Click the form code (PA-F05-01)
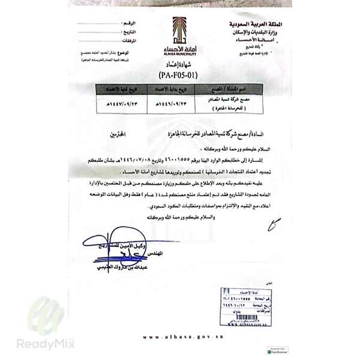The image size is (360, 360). pyautogui.click(x=180, y=76)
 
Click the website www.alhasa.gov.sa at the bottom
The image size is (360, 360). pyautogui.click(x=178, y=337)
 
